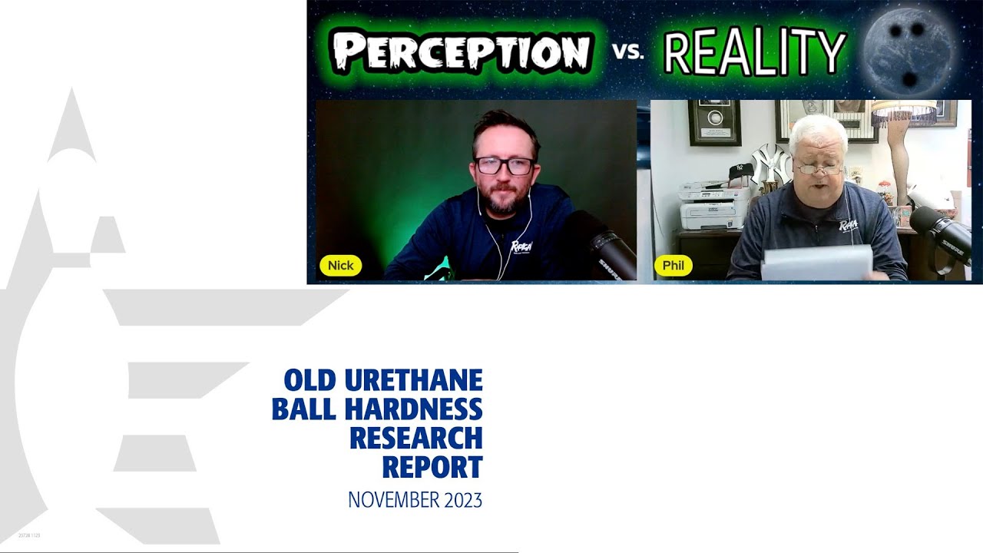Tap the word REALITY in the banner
pyautogui.click(x=754, y=54)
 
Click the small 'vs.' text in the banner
pyautogui.click(x=627, y=53)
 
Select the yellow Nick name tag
pyautogui.click(x=340, y=266)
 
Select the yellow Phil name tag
pyautogui.click(x=674, y=266)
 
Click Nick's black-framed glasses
pyautogui.click(x=505, y=165)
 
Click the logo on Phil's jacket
pyautogui.click(x=848, y=227)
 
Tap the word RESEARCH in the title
pyautogui.click(x=415, y=438)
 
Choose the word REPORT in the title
pyautogui.click(x=432, y=467)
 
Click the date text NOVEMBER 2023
pyautogui.click(x=415, y=500)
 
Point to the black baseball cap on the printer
pyautogui.click(x=739, y=173)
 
